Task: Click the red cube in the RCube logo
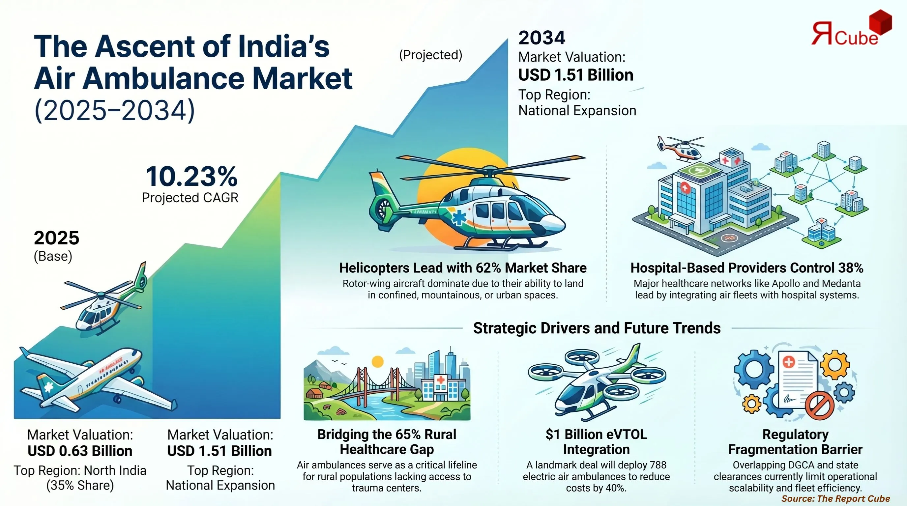tap(880, 22)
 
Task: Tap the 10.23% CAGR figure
tap(192, 177)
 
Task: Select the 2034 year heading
tap(541, 38)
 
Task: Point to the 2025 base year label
tap(56, 238)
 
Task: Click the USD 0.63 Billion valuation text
tap(80, 451)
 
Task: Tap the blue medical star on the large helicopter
tap(459, 217)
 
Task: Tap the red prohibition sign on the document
tap(819, 406)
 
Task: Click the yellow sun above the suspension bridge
tap(377, 361)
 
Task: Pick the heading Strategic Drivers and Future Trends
tap(597, 328)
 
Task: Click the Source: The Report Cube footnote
tap(835, 498)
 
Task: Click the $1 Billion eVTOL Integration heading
tap(596, 442)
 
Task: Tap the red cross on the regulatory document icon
tap(789, 362)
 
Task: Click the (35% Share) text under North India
tap(80, 485)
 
